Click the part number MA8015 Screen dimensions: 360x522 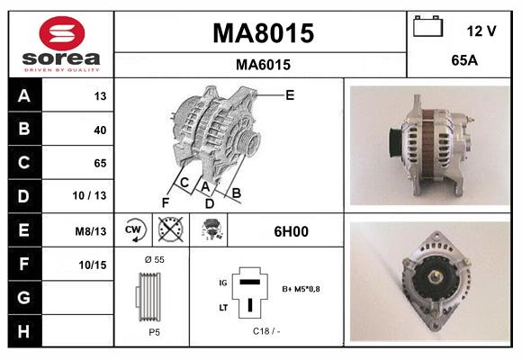point(263,33)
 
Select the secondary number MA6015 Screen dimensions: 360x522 point(263,65)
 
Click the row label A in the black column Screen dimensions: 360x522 point(23,95)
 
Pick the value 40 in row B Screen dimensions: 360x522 point(99,130)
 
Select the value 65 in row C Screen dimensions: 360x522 point(99,163)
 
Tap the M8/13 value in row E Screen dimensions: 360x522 point(92,230)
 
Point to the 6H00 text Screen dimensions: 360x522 point(290,231)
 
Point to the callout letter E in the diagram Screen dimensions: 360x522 point(289,94)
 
